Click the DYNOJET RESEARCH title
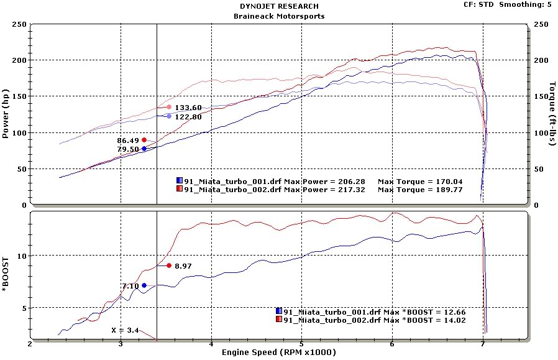(x=278, y=6)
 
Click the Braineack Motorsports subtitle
(x=278, y=16)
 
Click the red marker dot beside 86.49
(x=144, y=140)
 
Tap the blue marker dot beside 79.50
(x=144, y=149)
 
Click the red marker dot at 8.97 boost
(x=169, y=265)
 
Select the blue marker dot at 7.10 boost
(x=144, y=285)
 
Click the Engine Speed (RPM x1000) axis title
(x=278, y=353)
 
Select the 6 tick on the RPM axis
(x=392, y=343)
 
